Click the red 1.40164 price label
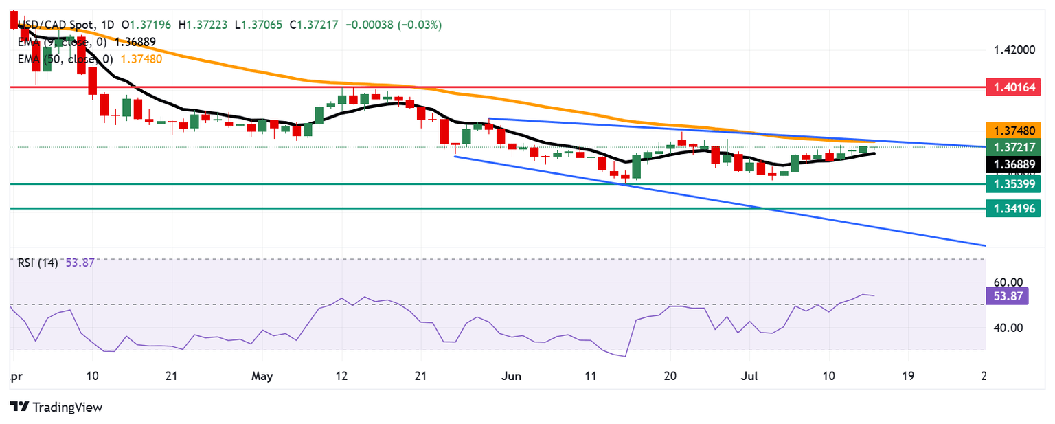(x=1014, y=87)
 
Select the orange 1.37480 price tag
(x=1014, y=130)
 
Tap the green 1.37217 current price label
(x=1014, y=146)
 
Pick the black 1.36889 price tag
(x=1014, y=164)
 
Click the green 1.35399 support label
(x=1014, y=183)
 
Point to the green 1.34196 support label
(x=1014, y=208)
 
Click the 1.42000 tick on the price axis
(x=1014, y=50)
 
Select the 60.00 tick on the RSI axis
(x=1008, y=282)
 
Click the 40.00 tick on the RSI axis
(x=1008, y=328)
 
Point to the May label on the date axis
(x=262, y=376)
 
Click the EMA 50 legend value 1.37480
(x=141, y=59)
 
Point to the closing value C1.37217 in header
(x=314, y=25)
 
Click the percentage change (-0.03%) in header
(x=418, y=25)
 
